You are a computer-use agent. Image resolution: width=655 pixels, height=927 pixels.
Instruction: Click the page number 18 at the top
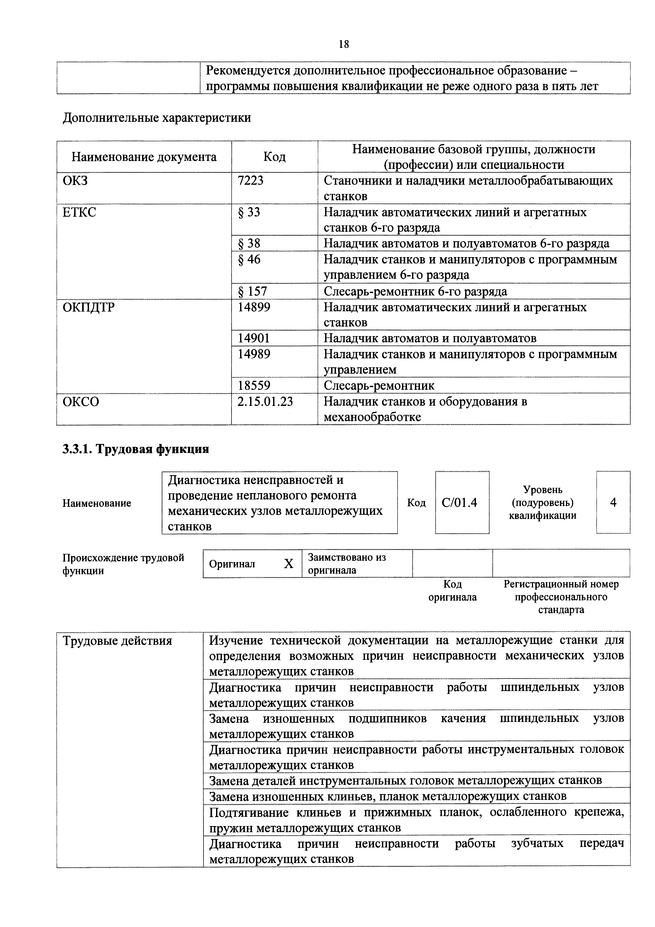(x=344, y=44)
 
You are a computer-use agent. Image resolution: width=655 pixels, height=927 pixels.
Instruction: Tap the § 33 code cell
(x=249, y=212)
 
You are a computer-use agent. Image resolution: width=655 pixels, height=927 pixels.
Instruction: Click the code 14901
(x=254, y=338)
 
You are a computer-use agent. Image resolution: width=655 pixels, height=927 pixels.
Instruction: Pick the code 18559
(x=254, y=385)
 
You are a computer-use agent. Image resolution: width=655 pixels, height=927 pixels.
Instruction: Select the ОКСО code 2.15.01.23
(x=265, y=401)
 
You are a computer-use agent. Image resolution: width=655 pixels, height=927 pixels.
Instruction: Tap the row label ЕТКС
(x=79, y=212)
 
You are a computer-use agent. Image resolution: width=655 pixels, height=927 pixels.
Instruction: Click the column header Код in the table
(x=274, y=157)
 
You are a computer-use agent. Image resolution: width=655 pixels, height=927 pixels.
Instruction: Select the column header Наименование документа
(x=144, y=157)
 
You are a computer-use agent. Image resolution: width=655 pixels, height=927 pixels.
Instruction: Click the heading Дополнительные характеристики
(x=157, y=118)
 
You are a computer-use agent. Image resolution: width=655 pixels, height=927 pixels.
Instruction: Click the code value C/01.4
(x=459, y=503)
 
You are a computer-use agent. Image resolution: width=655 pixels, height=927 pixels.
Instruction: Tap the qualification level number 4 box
(x=613, y=503)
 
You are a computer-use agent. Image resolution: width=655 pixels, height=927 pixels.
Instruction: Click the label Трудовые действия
(x=118, y=641)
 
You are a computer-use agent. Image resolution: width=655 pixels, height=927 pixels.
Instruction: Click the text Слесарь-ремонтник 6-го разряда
(x=415, y=291)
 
